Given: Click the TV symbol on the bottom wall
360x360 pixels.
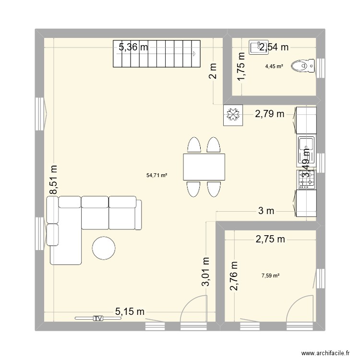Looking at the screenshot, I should (x=98, y=318).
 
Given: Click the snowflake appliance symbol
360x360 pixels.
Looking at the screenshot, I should (x=234, y=115).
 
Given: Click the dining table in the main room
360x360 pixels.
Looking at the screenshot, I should (x=204, y=167).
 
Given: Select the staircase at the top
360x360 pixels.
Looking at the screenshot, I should (x=156, y=54).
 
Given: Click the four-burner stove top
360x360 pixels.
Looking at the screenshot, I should (x=306, y=180).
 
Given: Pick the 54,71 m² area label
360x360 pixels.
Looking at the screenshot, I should (x=157, y=176).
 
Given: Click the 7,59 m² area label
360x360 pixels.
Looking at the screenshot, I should (x=270, y=276).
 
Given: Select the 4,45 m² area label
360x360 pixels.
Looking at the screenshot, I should (x=274, y=67).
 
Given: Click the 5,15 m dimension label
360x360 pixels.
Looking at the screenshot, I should (x=130, y=312).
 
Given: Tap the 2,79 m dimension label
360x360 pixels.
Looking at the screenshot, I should (x=269, y=114).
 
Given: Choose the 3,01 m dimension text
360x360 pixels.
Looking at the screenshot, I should (x=206, y=272).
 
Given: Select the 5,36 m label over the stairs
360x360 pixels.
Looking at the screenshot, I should (x=133, y=47).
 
